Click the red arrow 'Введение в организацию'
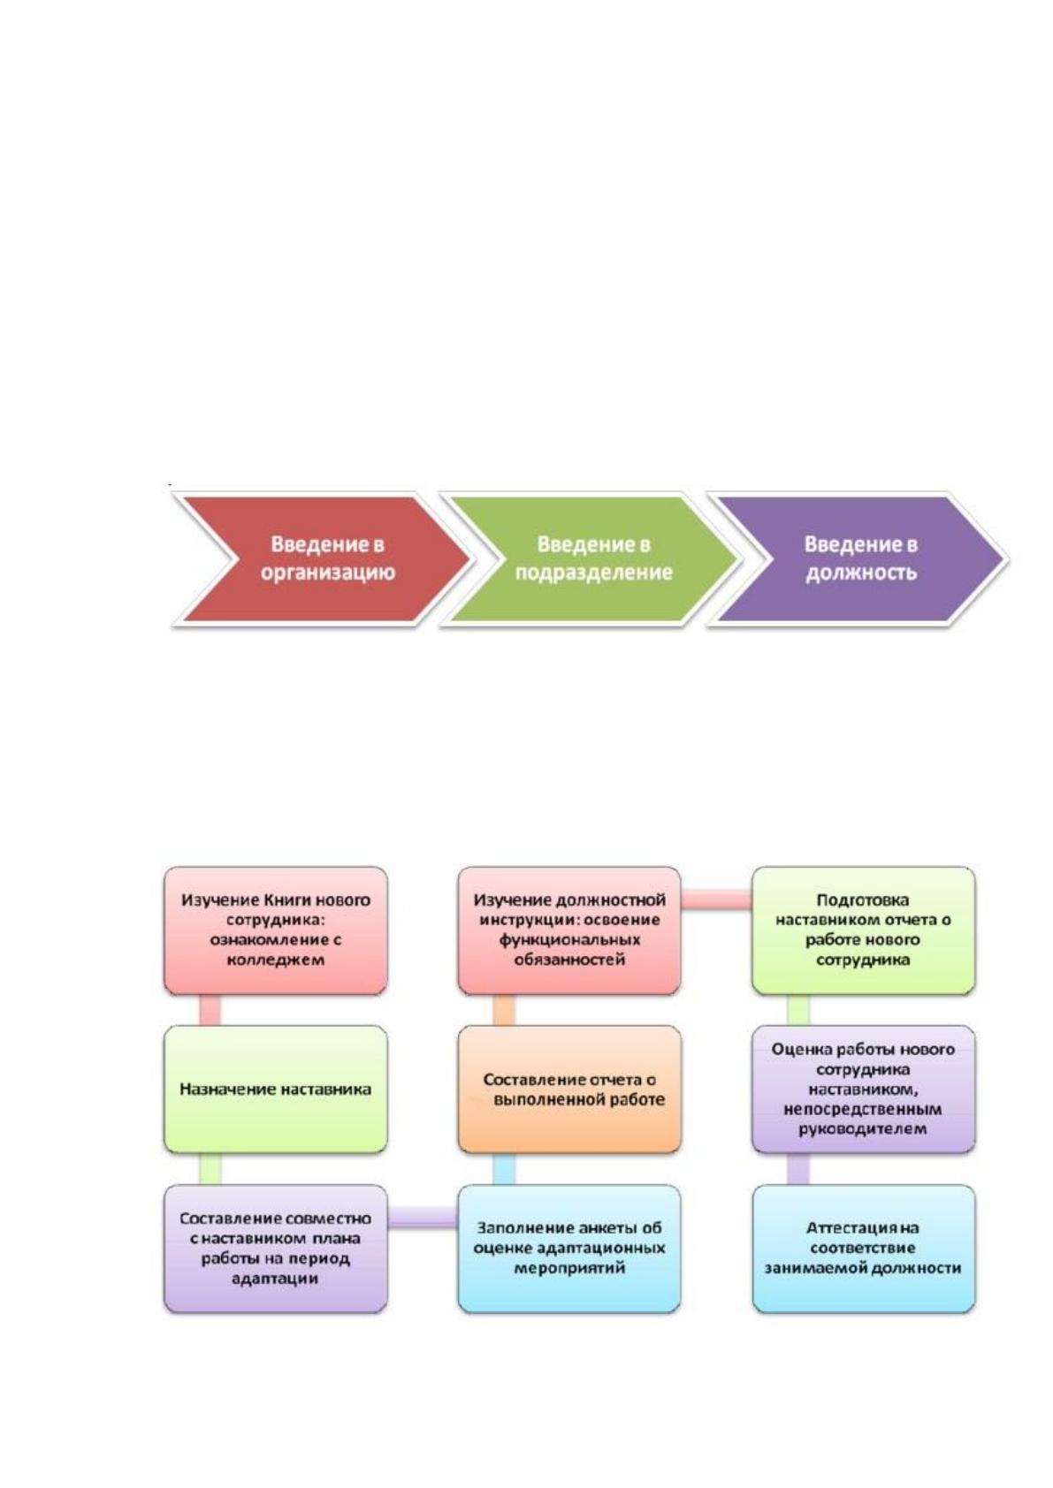click(x=325, y=559)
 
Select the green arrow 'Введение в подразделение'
click(x=591, y=559)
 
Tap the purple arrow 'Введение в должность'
click(x=861, y=559)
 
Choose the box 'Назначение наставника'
click(x=275, y=1089)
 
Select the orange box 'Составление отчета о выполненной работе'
click(x=569, y=1089)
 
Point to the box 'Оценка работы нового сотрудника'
click(x=864, y=1089)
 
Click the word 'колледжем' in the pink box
click(x=275, y=960)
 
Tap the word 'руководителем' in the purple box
click(x=863, y=1128)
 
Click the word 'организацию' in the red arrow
click(x=328, y=573)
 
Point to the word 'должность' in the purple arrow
click(x=861, y=573)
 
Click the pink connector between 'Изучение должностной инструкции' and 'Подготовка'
click(x=717, y=900)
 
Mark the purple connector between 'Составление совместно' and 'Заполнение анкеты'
click(x=423, y=1217)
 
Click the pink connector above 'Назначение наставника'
click(x=210, y=1010)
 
